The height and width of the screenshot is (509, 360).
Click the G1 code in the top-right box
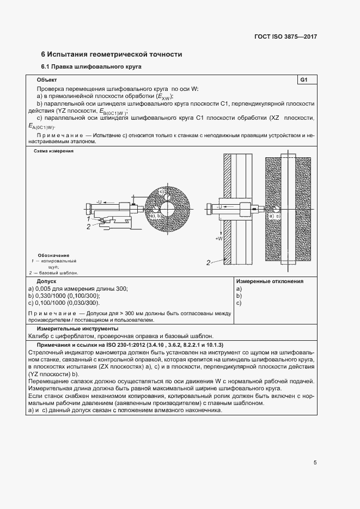tap(304, 80)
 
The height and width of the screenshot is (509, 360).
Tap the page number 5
tap(315, 463)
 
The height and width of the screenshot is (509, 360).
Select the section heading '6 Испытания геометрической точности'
tap(112, 54)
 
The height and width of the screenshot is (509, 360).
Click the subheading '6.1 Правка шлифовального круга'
tap(91, 68)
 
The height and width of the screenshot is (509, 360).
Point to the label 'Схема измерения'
tap(53, 151)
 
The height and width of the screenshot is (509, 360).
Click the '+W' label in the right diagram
tap(219, 237)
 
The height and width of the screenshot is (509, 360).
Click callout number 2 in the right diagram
tap(208, 263)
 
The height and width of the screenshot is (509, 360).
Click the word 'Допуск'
tap(47, 281)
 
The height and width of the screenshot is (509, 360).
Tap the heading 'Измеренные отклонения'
tap(270, 281)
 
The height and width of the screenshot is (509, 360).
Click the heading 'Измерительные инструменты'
tap(78, 329)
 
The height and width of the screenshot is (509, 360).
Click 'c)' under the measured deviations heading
tap(239, 303)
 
